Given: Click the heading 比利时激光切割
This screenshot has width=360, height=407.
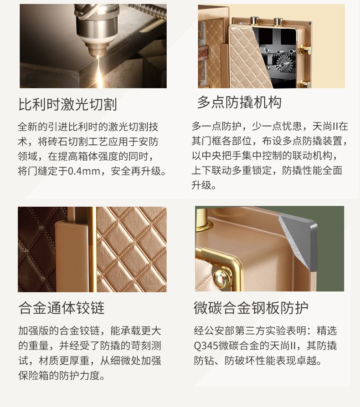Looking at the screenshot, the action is [67, 104].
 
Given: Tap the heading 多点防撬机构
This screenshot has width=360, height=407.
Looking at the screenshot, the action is [239, 102].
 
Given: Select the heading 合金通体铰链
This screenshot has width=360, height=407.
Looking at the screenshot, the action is [62, 308].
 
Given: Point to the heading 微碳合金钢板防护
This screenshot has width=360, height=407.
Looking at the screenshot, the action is [251, 308].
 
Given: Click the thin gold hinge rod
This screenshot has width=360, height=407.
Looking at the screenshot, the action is [92, 249].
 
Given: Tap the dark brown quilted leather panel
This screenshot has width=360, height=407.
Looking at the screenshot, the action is [36, 249].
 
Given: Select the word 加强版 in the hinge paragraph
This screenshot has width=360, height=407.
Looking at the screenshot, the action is [34, 331].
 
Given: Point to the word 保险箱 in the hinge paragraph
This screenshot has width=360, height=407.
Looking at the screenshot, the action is [34, 375].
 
